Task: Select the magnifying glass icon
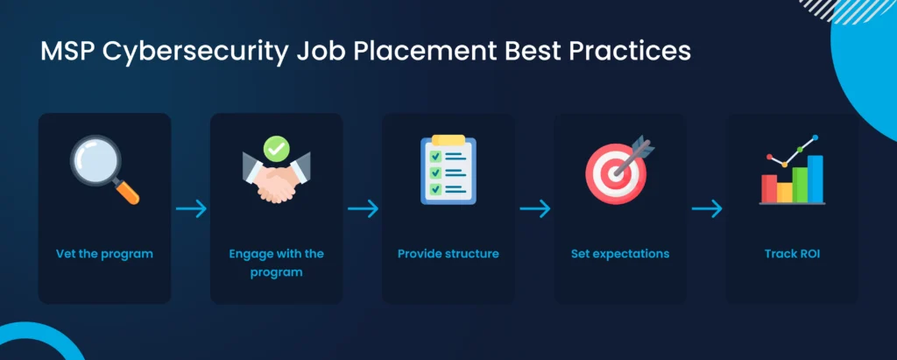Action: click(x=105, y=169)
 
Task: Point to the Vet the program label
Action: click(x=105, y=253)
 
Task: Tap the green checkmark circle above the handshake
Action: click(x=276, y=148)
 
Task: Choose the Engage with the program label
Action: click(x=276, y=263)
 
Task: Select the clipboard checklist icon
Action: click(x=448, y=169)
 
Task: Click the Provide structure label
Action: click(x=448, y=253)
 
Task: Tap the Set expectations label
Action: click(x=620, y=253)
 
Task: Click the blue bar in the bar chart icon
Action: click(x=816, y=179)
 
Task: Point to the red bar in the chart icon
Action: click(x=769, y=188)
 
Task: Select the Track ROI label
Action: click(x=792, y=253)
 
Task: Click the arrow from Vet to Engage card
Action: click(x=191, y=208)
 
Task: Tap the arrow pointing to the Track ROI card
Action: click(x=707, y=208)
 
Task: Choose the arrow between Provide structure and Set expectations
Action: click(x=535, y=208)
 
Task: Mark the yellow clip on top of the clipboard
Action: click(x=448, y=139)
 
